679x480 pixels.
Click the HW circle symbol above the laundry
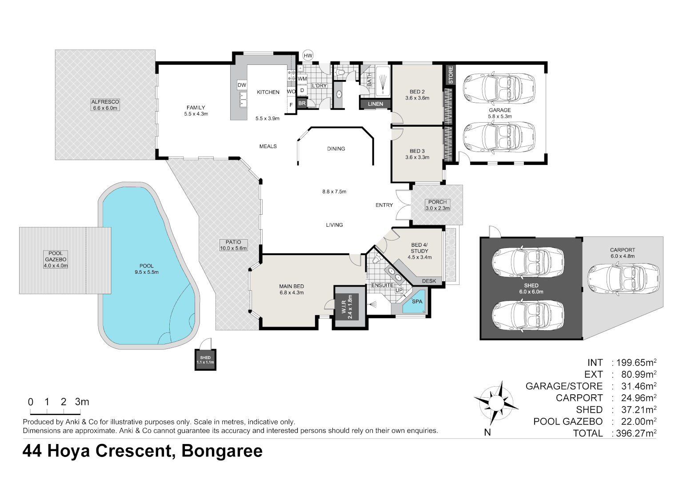point(308,56)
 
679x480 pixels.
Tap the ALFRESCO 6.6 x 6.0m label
point(105,105)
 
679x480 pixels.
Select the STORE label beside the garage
point(451,75)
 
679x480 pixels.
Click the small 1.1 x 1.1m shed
point(205,360)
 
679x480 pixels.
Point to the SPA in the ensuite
point(417,302)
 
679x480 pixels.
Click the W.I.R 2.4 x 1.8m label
point(347,307)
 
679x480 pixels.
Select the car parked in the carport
point(623,279)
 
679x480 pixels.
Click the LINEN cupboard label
point(375,104)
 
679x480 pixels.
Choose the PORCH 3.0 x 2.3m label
point(437,205)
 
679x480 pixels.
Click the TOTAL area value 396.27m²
point(636,433)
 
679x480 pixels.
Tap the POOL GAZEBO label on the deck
point(56,260)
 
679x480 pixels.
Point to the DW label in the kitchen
point(242,85)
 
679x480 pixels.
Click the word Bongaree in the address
point(222,451)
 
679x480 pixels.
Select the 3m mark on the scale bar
point(82,402)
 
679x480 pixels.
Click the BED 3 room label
point(417,154)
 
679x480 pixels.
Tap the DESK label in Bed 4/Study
point(429,281)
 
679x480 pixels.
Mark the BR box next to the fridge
point(302,103)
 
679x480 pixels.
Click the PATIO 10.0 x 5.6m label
point(233,245)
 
